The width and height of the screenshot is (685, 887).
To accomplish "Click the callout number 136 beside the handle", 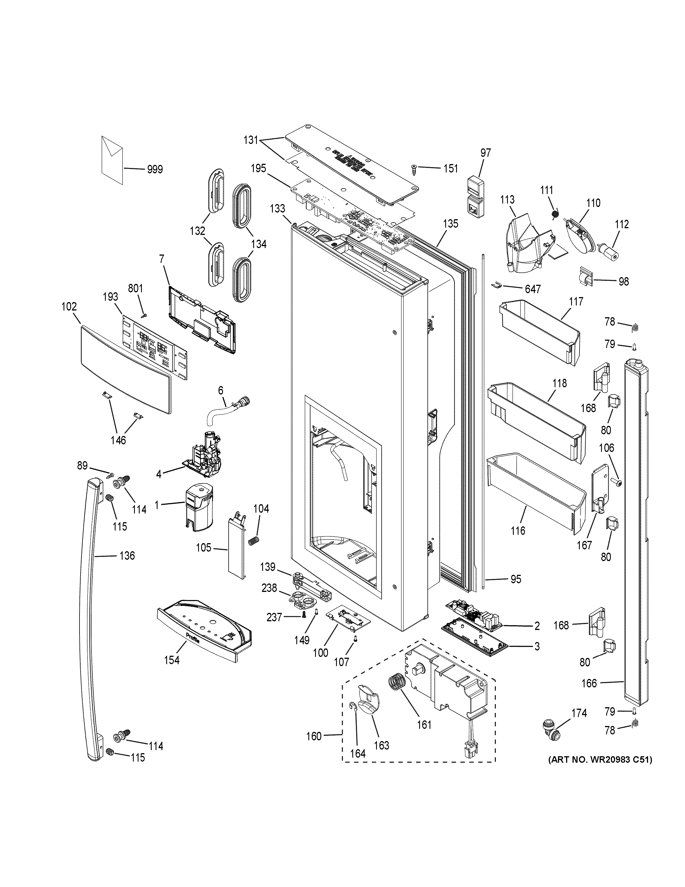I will [127, 555].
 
